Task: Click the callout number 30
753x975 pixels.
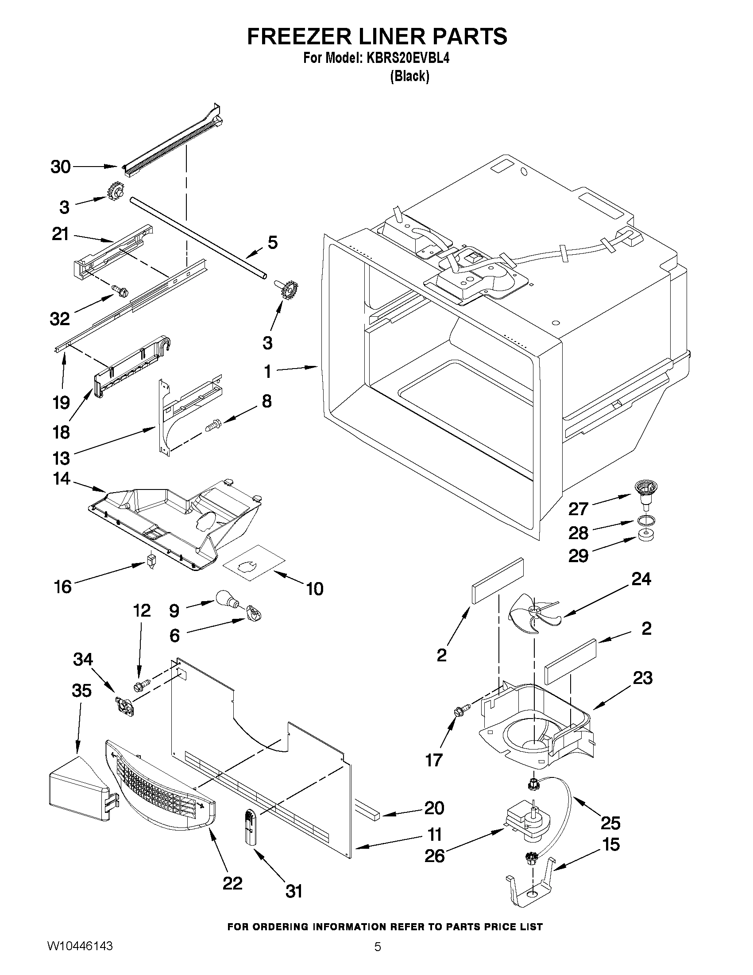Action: coord(61,167)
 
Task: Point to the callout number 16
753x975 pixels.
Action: coord(63,587)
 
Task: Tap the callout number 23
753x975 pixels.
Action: coord(642,678)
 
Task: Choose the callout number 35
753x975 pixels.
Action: coord(81,691)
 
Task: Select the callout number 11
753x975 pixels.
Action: coord(435,834)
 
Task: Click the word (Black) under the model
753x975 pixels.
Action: coord(409,76)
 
